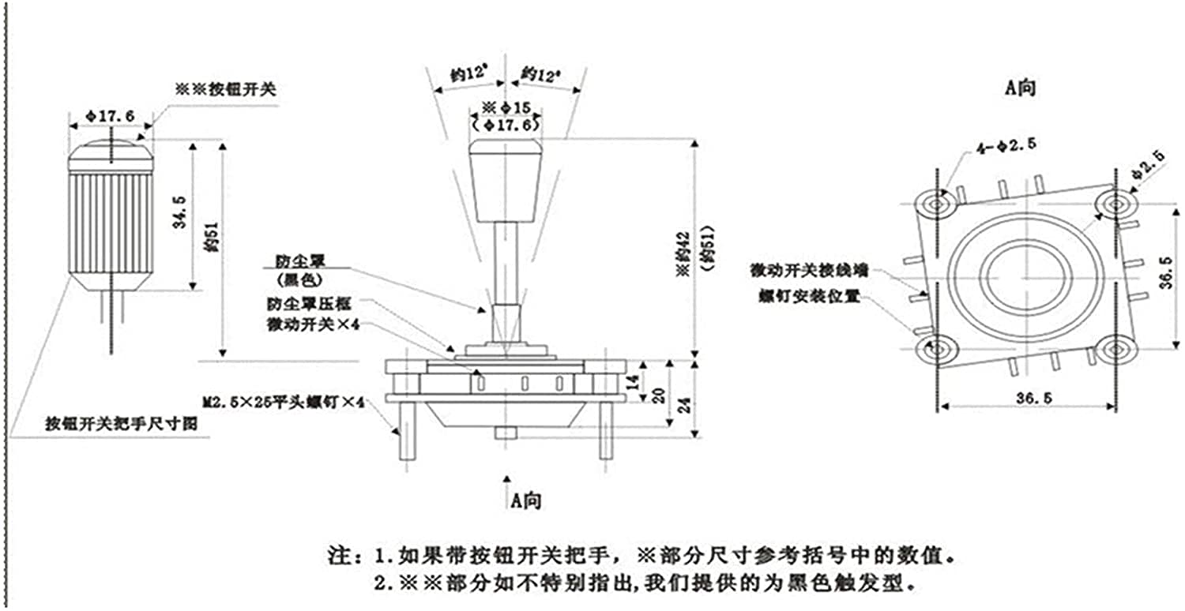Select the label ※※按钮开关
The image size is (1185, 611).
pos(225,89)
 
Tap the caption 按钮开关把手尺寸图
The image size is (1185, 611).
pos(121,425)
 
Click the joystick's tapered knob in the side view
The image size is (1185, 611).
pos(506,179)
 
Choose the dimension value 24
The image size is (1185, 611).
pos(684,403)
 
